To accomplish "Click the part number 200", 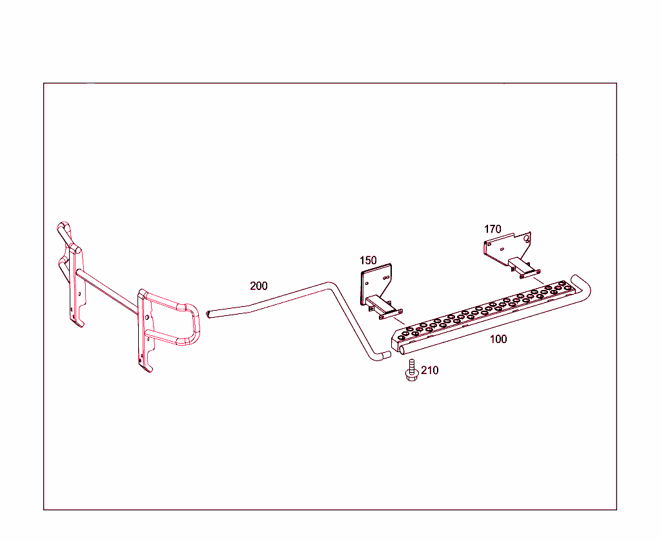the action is click(258, 286).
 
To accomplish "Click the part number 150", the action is click(368, 260).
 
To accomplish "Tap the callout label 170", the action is click(493, 229).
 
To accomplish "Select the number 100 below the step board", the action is click(498, 339).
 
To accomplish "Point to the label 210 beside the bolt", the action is click(429, 371).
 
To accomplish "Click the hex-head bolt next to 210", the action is click(411, 372).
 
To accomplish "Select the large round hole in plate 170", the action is click(527, 238).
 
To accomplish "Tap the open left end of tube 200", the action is click(209, 314).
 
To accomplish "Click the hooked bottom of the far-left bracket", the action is click(79, 322).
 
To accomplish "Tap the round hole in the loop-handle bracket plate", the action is click(148, 317).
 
